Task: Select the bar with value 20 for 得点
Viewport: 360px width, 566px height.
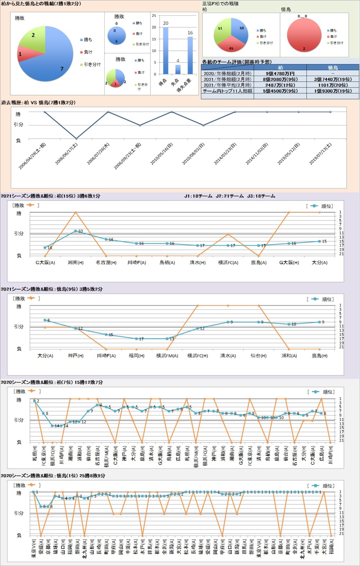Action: click(x=166, y=50)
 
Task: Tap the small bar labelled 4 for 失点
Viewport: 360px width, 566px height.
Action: click(x=178, y=70)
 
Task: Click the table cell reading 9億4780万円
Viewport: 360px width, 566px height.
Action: click(x=280, y=73)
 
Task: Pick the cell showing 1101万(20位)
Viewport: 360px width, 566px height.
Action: click(x=333, y=85)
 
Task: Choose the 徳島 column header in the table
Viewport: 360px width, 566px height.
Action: click(x=333, y=68)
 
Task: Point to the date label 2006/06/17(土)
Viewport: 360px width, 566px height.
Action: click(x=67, y=154)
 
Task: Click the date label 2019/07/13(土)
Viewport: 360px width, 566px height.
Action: click(x=321, y=154)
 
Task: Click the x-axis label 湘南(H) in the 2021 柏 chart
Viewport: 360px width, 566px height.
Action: click(x=76, y=263)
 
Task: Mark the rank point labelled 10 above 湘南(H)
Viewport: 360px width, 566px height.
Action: click(x=76, y=231)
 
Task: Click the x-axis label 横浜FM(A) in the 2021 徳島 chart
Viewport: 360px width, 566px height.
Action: click(x=167, y=356)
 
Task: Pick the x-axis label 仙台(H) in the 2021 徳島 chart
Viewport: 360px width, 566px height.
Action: click(x=258, y=356)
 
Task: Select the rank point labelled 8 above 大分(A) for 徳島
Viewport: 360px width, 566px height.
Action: click(x=45, y=320)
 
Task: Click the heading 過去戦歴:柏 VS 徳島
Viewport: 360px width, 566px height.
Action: click(x=38, y=103)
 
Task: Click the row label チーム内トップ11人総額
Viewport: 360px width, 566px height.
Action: click(x=227, y=91)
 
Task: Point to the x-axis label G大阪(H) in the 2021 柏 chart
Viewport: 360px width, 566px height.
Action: click(x=289, y=263)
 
